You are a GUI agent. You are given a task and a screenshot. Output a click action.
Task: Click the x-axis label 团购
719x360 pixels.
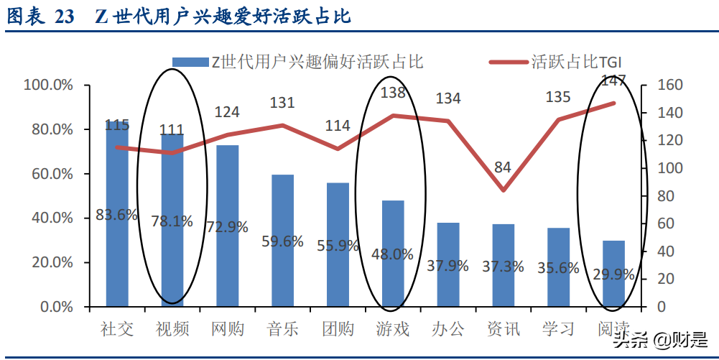(x=338, y=329)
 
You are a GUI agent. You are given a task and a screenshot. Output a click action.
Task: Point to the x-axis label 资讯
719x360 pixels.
(x=503, y=329)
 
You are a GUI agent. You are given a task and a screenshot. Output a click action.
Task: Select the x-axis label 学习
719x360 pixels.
(x=558, y=329)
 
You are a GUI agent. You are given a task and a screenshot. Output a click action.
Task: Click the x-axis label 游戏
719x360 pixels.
(x=393, y=329)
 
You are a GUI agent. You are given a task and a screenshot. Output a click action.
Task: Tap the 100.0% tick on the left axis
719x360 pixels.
(x=48, y=86)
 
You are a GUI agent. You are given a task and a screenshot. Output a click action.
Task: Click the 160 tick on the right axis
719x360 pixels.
(x=661, y=86)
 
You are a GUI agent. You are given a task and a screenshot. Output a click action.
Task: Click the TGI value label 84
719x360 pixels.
(x=503, y=167)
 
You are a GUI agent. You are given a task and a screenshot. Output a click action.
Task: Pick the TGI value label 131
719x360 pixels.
(x=282, y=103)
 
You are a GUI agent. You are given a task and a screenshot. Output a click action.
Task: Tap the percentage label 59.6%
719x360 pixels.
(x=282, y=241)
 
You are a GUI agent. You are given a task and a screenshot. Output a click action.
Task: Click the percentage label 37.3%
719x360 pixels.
(x=503, y=267)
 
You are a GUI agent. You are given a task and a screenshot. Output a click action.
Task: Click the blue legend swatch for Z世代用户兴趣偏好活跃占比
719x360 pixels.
(x=188, y=62)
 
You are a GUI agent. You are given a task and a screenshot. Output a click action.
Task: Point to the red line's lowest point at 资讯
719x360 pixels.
(x=503, y=190)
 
